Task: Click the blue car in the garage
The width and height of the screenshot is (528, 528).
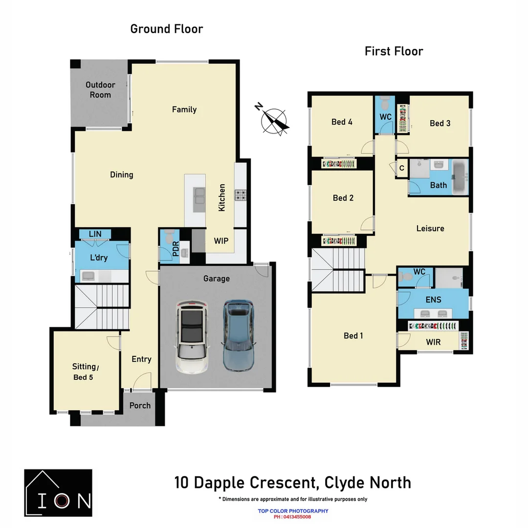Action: click(239, 335)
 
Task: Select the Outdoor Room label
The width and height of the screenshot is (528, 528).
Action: click(100, 90)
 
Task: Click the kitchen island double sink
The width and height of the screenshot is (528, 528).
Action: click(199, 195)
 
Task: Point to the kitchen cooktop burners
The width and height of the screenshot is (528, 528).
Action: click(241, 196)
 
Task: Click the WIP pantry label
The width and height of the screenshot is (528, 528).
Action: click(221, 241)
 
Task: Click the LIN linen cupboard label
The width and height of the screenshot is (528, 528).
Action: click(95, 234)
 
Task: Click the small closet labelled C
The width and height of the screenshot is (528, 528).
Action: click(401, 168)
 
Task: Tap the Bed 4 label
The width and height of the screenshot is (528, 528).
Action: click(342, 122)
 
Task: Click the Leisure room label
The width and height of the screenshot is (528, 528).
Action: click(430, 228)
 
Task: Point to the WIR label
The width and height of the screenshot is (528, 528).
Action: click(433, 342)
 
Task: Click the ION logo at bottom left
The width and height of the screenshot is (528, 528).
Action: click(58, 493)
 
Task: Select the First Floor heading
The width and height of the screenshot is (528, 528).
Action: click(394, 51)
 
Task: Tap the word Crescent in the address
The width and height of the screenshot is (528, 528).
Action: click(281, 483)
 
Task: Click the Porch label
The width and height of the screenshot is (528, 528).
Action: click(140, 405)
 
